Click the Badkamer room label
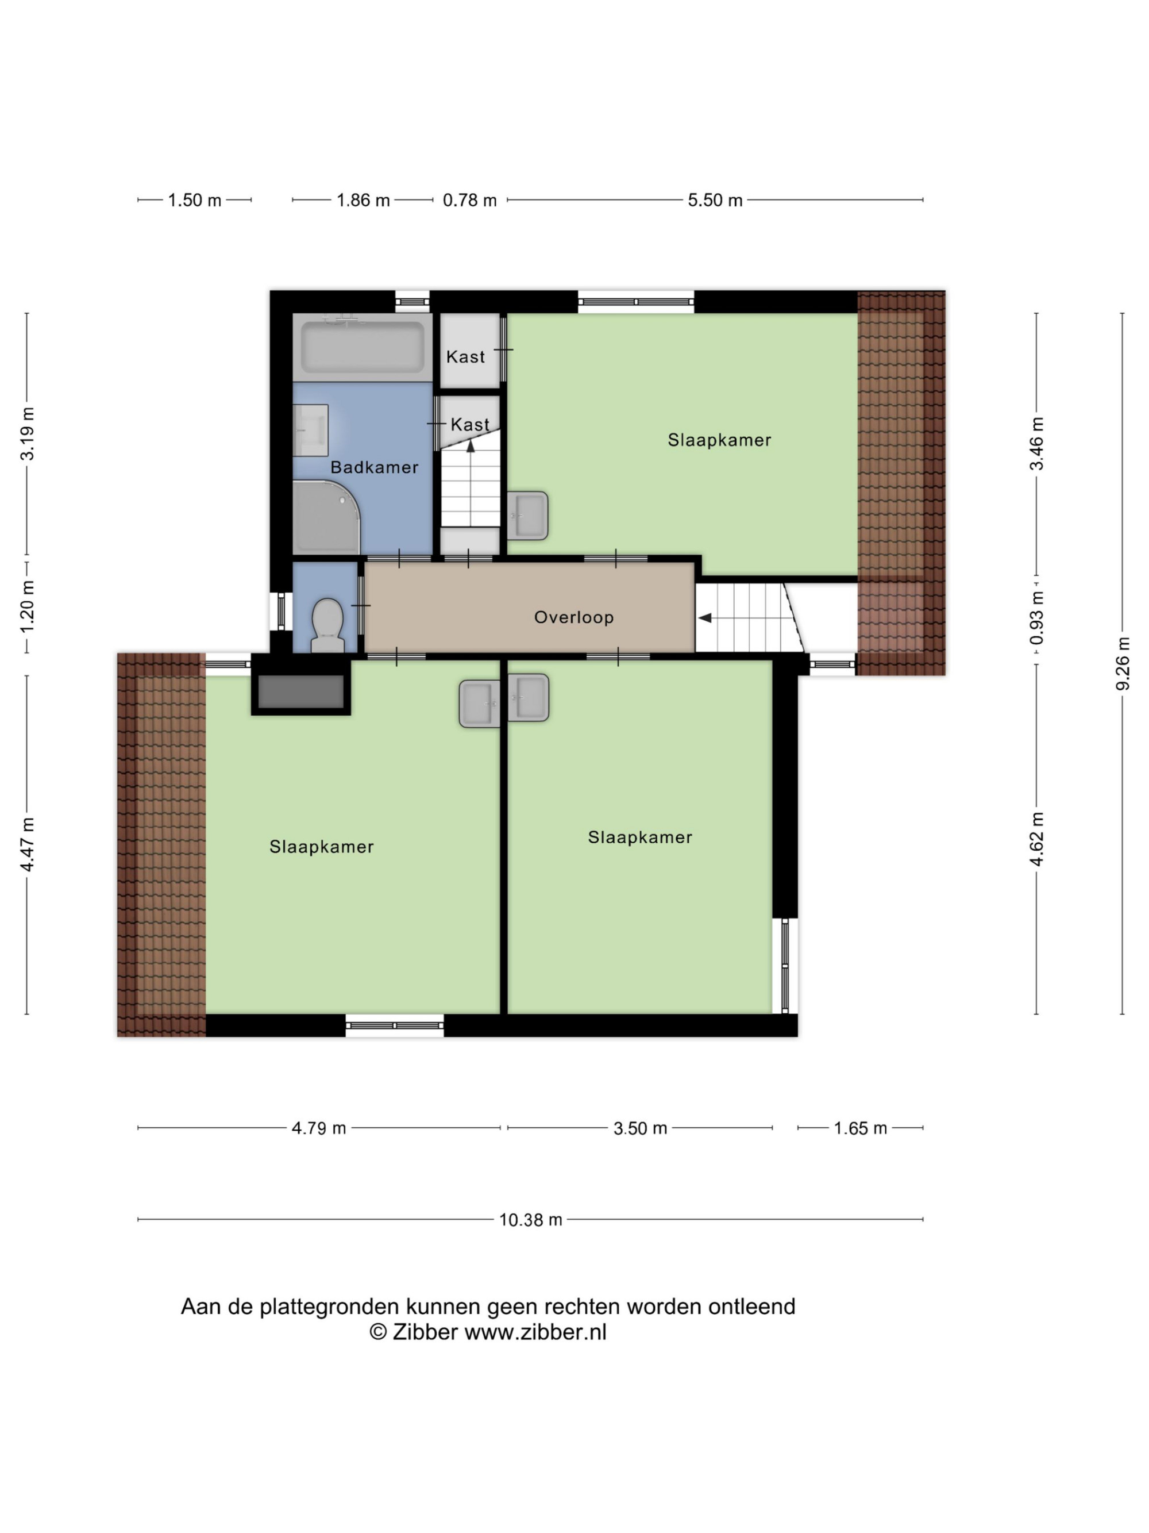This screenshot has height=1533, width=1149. click(374, 467)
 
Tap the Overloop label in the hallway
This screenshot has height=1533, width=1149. click(573, 617)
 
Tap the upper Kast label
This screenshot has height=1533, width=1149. click(465, 357)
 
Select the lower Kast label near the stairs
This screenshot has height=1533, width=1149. click(469, 424)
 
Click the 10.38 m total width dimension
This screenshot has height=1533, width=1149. click(530, 1220)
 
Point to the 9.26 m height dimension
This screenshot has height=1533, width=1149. click(1123, 663)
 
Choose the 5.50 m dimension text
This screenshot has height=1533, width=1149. click(715, 200)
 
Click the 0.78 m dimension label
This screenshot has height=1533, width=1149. click(469, 200)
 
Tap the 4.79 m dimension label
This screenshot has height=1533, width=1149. click(319, 1128)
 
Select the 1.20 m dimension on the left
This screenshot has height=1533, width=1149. click(27, 606)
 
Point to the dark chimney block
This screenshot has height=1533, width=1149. click(300, 691)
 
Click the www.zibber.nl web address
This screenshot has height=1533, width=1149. click(535, 1332)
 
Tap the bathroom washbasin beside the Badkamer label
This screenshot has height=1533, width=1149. click(310, 431)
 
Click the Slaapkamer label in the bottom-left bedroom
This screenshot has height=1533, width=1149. click(321, 846)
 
